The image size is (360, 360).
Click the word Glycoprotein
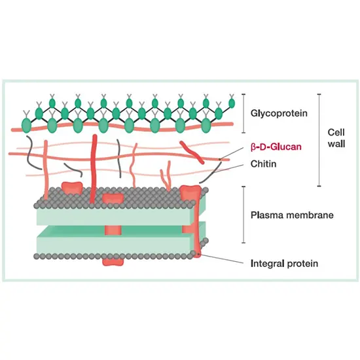click(277, 113)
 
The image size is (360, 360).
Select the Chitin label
click(264, 164)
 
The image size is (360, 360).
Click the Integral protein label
click(284, 264)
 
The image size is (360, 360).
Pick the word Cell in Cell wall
click(334, 133)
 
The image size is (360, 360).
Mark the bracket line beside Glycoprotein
click(243, 113)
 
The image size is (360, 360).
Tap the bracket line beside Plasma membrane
click(243, 214)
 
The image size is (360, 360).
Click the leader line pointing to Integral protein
click(226, 259)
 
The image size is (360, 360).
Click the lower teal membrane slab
click(118, 241)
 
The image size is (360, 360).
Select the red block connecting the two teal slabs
click(112, 228)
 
